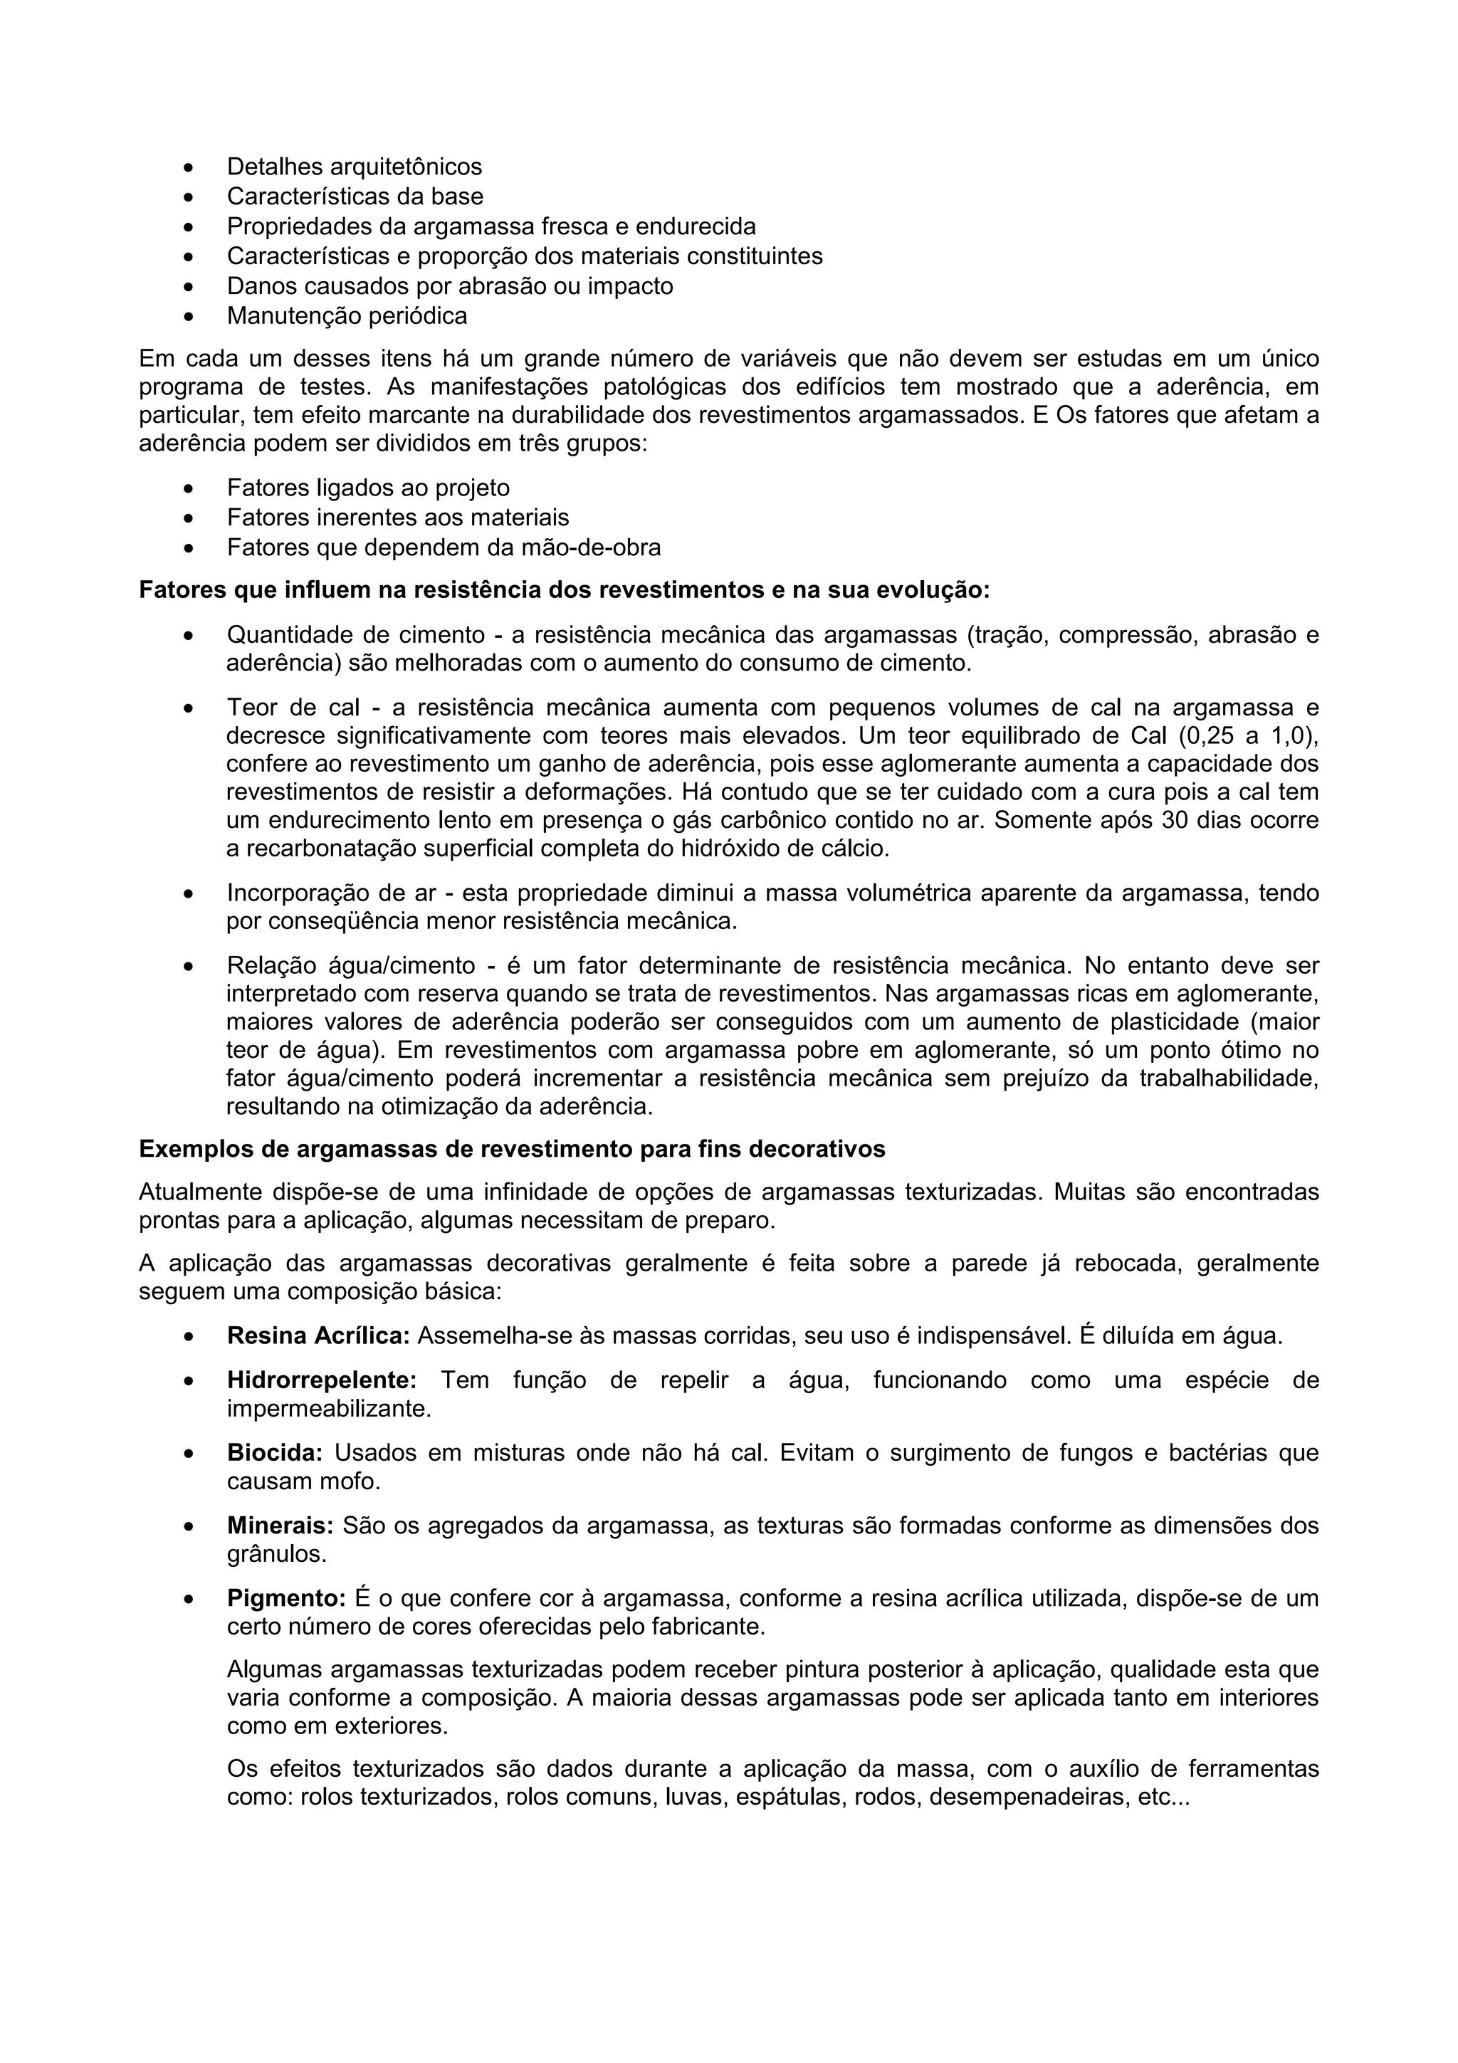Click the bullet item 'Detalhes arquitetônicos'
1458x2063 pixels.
pos(354,167)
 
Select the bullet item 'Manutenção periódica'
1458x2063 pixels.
pos(347,315)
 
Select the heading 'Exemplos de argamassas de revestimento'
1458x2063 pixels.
pos(512,1149)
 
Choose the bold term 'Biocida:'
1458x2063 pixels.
pos(274,1453)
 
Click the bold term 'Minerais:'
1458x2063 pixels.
pos(279,1526)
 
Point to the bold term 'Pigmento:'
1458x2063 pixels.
pos(285,1598)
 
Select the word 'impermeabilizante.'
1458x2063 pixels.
pos(329,1408)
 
